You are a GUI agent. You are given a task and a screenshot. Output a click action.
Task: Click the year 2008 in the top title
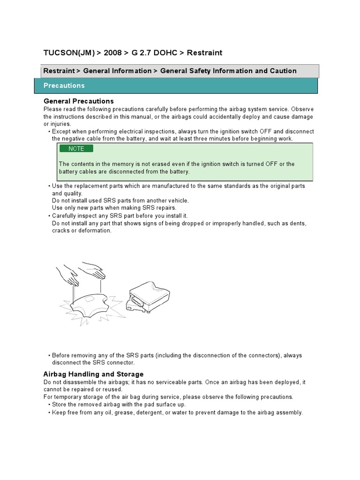click(x=112, y=53)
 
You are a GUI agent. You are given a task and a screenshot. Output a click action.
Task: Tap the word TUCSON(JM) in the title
click(x=69, y=53)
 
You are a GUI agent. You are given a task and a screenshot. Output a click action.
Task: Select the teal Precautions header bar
click(x=176, y=86)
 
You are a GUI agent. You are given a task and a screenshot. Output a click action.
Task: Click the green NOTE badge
click(x=76, y=149)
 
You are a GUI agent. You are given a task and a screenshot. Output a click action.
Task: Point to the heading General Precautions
click(x=79, y=101)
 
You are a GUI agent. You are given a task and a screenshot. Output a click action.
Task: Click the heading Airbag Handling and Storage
click(x=93, y=374)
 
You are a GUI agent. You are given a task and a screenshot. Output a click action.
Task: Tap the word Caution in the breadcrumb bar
click(x=283, y=71)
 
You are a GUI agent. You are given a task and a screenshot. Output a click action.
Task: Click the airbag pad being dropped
click(x=90, y=304)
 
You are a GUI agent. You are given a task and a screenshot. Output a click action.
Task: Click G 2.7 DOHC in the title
click(x=154, y=53)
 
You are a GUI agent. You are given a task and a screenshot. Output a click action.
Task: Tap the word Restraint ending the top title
click(x=204, y=53)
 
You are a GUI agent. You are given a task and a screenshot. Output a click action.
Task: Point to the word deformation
click(x=96, y=231)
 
